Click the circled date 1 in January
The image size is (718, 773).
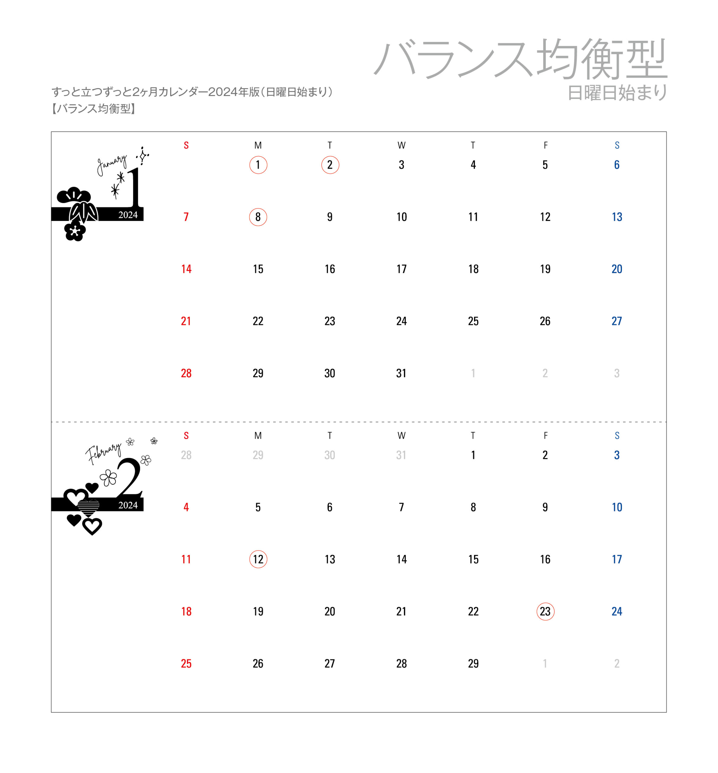tap(258, 165)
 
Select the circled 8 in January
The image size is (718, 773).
tap(258, 217)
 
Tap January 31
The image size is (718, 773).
tap(401, 373)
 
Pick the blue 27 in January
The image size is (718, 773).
tap(616, 321)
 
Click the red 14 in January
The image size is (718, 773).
tap(186, 269)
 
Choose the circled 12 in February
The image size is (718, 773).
tap(258, 559)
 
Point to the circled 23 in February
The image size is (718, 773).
tap(545, 611)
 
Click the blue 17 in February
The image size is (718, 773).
tap(616, 559)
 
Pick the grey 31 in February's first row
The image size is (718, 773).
tap(401, 455)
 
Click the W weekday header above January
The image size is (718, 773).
tap(401, 146)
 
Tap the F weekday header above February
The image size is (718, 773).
tap(545, 436)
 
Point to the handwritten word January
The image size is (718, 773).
tap(112, 165)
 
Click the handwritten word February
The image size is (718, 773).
tap(103, 453)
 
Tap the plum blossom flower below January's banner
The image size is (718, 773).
tap(75, 231)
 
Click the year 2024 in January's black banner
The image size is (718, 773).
tap(128, 215)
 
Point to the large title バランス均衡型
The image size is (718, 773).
tap(521, 59)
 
